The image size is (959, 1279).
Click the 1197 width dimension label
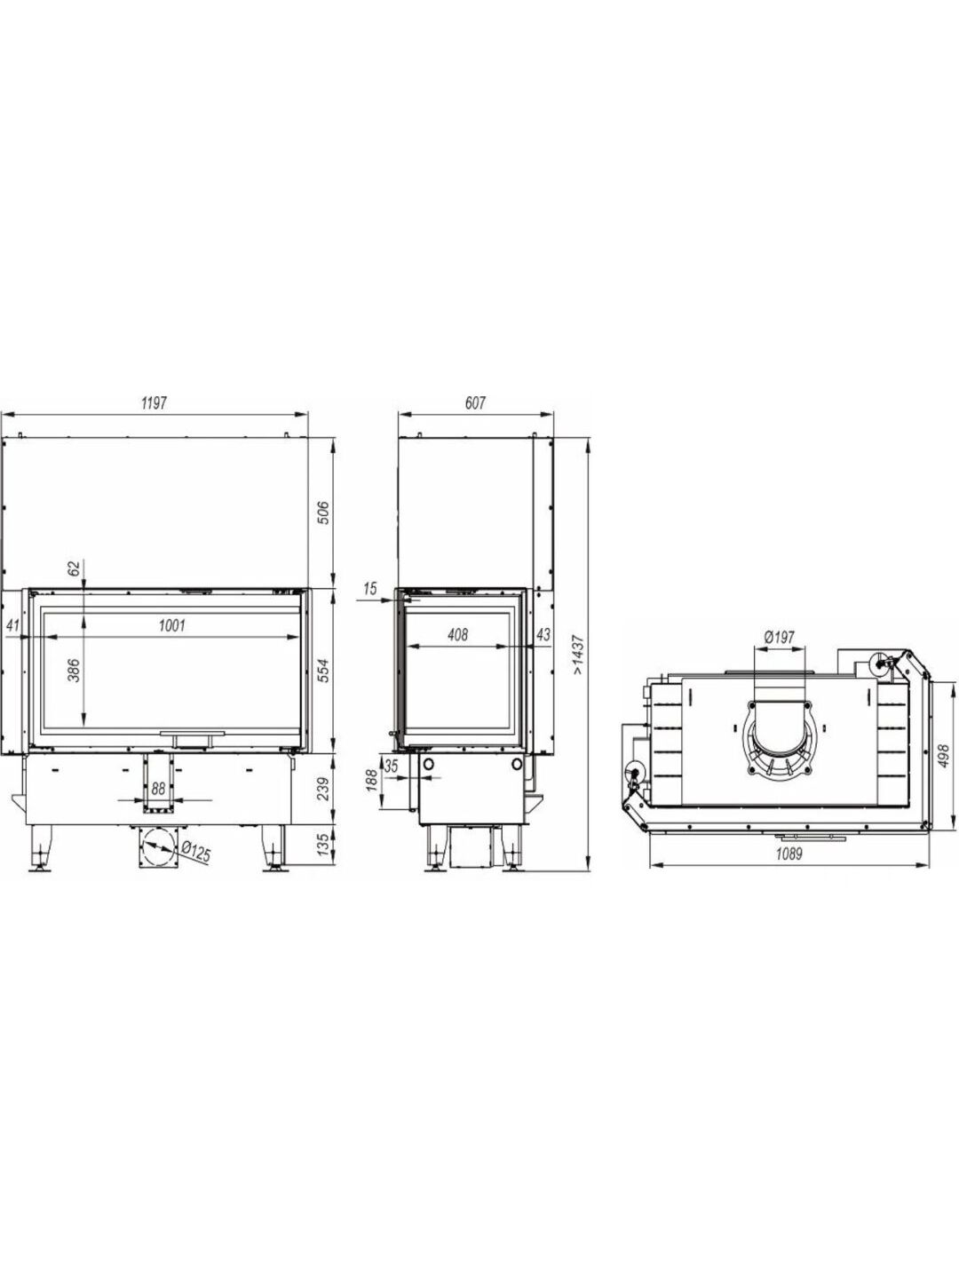click(154, 403)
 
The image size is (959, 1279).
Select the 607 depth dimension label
click(475, 403)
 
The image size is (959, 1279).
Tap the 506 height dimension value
click(324, 512)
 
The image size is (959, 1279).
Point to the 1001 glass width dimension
click(171, 626)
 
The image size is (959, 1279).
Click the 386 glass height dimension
click(74, 670)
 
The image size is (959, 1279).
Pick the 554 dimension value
click(324, 671)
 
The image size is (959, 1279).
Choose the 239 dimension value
click(324, 789)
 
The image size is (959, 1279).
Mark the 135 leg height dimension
click(324, 843)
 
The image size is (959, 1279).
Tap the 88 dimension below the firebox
click(158, 789)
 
